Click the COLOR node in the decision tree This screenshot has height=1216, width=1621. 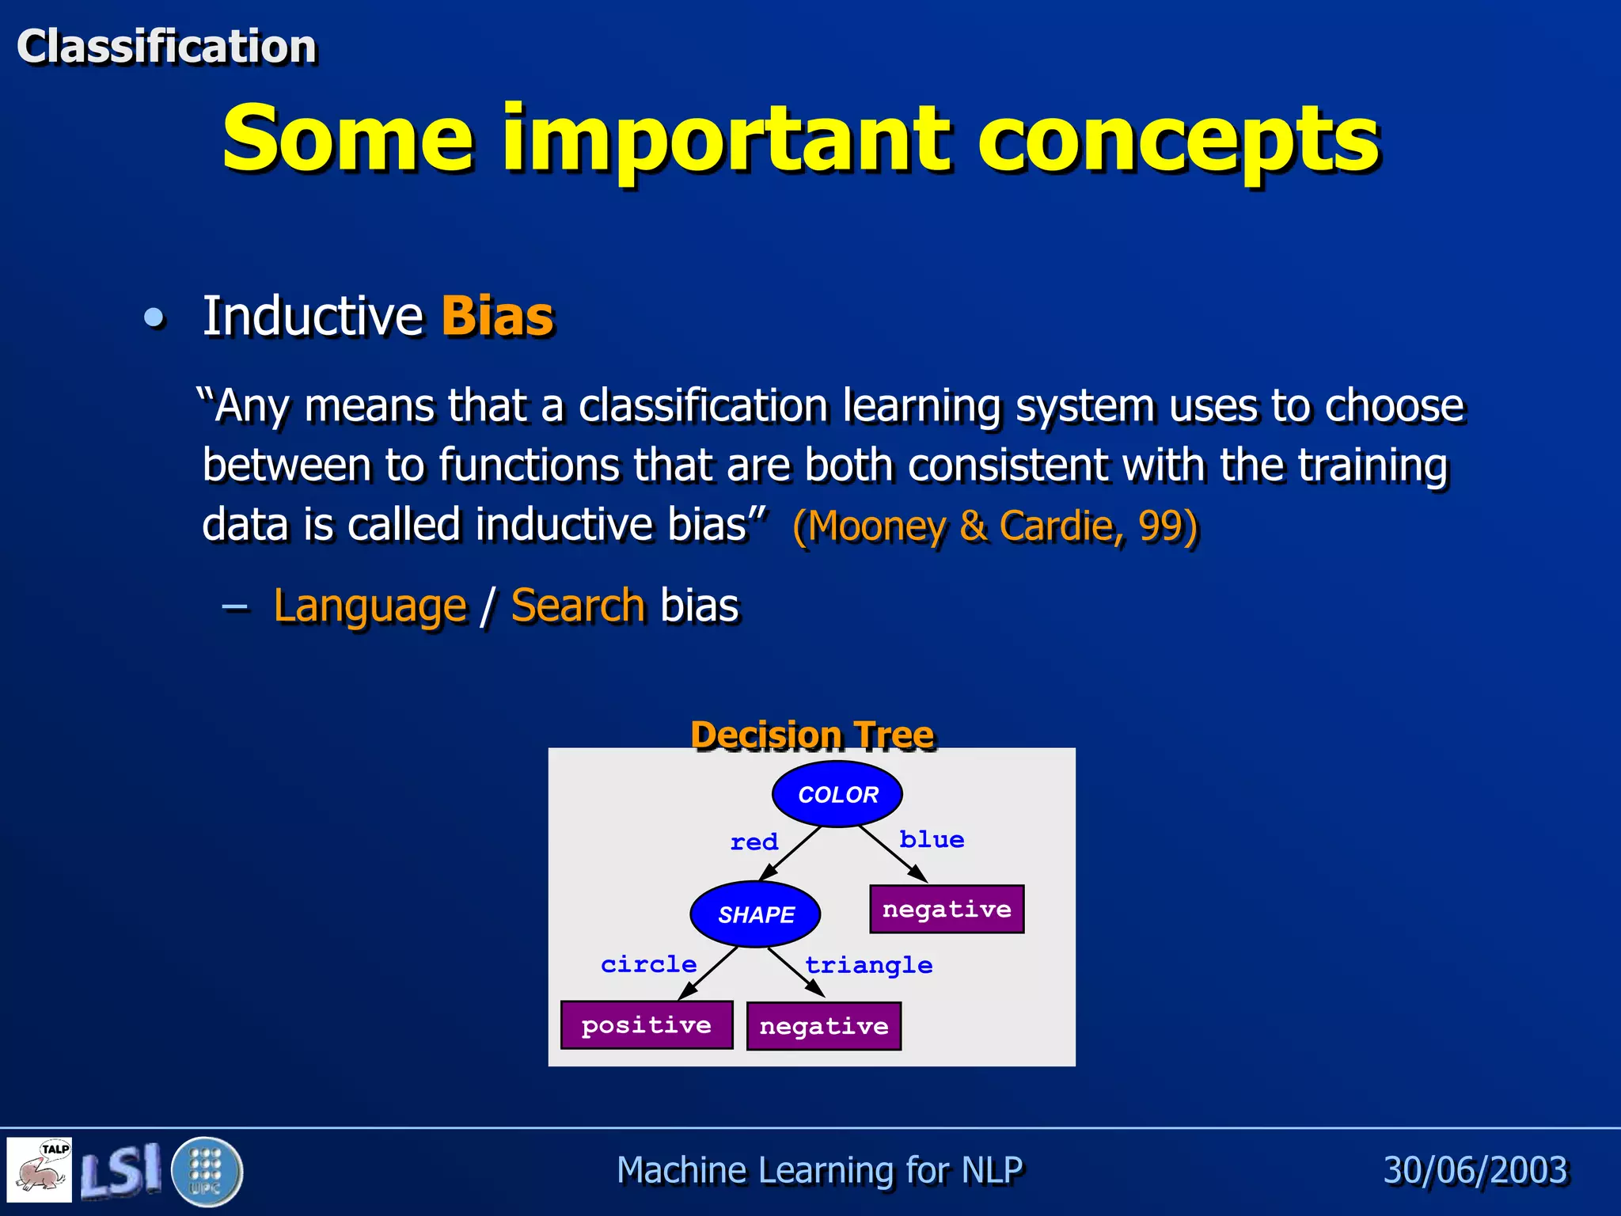[837, 794]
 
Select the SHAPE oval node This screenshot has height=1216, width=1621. [755, 914]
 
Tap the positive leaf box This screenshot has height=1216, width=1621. [647, 1025]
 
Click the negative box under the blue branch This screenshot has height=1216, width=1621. [947, 909]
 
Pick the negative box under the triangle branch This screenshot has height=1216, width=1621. [824, 1027]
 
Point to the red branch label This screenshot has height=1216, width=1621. [754, 842]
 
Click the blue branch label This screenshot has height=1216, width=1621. [932, 839]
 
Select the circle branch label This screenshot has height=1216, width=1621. [648, 964]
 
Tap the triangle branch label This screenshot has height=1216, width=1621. [868, 965]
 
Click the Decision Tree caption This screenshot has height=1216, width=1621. [812, 734]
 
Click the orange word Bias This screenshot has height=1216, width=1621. [497, 317]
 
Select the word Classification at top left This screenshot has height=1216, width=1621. [166, 46]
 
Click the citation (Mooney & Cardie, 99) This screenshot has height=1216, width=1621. [995, 526]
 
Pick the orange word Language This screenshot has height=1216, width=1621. [370, 606]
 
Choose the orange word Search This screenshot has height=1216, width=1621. [578, 606]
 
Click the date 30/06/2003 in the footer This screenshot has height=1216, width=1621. [1475, 1170]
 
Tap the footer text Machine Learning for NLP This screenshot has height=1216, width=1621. [819, 1170]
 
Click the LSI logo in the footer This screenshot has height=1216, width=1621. [120, 1171]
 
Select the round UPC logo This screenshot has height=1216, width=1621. [207, 1171]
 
